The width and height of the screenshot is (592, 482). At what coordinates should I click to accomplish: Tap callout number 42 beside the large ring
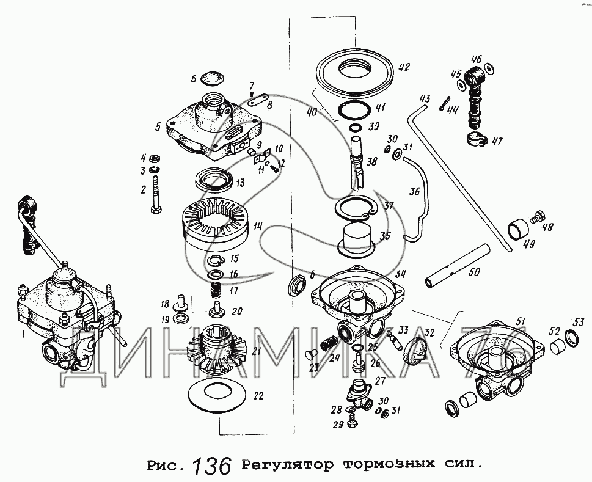click(404, 67)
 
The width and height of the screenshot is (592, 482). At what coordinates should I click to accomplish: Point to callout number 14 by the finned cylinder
click(258, 227)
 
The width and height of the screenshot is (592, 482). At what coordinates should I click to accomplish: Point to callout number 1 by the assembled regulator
click(23, 334)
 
